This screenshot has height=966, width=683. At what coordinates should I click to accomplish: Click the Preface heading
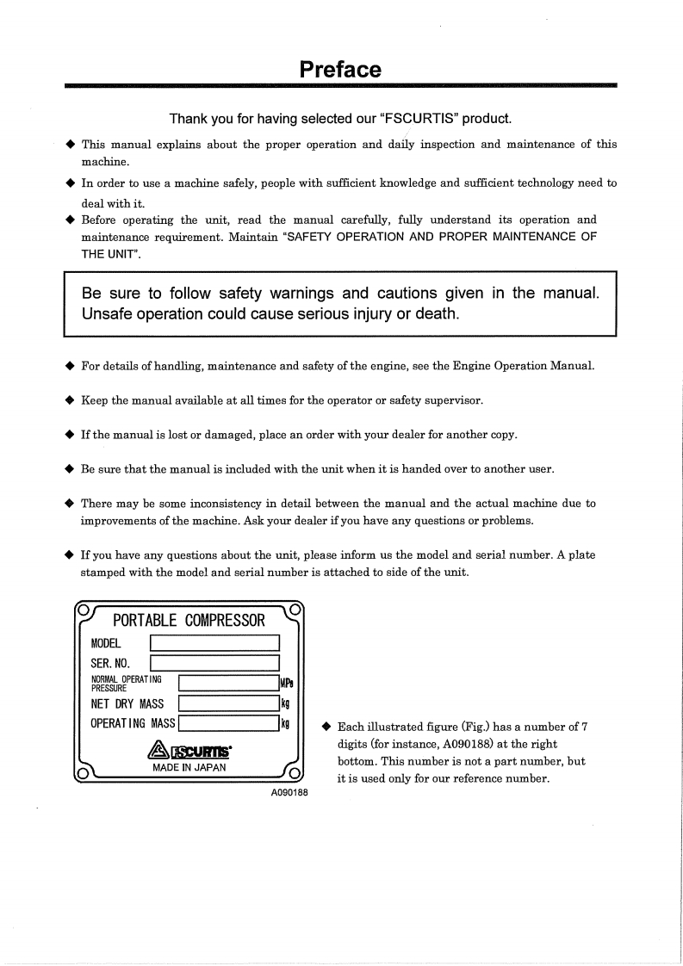click(x=340, y=69)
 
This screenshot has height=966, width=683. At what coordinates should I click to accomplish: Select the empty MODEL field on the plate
click(x=214, y=643)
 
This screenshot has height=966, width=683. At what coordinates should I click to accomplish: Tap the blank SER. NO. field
click(x=214, y=663)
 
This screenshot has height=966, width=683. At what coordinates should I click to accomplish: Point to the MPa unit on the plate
click(x=287, y=684)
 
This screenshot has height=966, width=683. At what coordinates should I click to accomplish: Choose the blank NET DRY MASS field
click(x=227, y=703)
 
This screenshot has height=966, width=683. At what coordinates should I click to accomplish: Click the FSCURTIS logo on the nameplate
click(x=189, y=752)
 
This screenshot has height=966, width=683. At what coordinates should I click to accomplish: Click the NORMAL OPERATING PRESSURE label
click(x=127, y=684)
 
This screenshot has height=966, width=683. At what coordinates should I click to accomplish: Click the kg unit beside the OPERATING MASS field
click(x=284, y=723)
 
